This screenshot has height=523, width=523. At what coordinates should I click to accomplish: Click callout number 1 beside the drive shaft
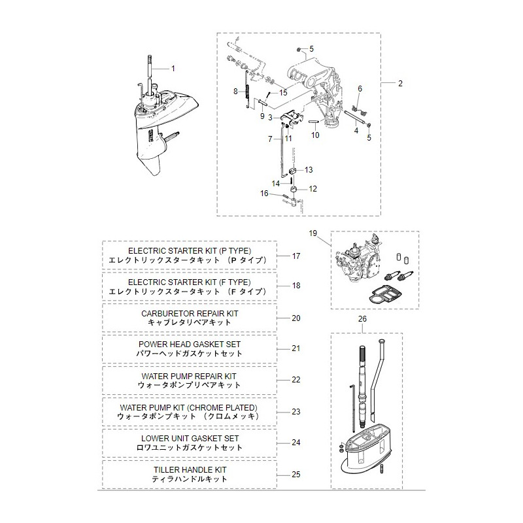(x=173, y=69)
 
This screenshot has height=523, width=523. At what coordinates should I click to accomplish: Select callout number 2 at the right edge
(x=400, y=84)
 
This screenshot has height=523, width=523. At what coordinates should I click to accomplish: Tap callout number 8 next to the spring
(x=235, y=92)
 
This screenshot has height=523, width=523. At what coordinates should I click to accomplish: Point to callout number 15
(x=283, y=93)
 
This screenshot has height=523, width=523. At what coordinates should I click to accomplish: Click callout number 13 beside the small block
(x=309, y=170)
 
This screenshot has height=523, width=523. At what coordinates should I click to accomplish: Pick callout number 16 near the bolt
(x=264, y=193)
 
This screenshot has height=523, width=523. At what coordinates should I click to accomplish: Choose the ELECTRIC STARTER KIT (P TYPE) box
(x=188, y=255)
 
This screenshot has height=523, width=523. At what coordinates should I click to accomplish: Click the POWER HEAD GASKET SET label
(x=188, y=348)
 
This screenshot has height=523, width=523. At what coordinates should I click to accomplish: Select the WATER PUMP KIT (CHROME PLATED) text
(x=188, y=411)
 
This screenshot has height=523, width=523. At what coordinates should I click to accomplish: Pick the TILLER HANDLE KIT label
(x=188, y=474)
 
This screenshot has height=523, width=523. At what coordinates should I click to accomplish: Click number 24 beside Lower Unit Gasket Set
(x=296, y=443)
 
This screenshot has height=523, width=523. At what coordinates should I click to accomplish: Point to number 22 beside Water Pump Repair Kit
(x=296, y=380)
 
